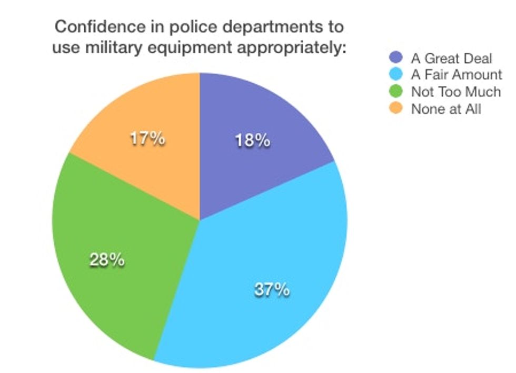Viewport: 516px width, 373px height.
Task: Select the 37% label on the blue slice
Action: (272, 289)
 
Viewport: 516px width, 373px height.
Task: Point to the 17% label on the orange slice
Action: (148, 140)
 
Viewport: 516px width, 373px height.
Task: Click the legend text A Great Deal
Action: (451, 57)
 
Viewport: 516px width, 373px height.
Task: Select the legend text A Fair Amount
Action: (457, 75)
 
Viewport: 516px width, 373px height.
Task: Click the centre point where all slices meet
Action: (200, 220)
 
